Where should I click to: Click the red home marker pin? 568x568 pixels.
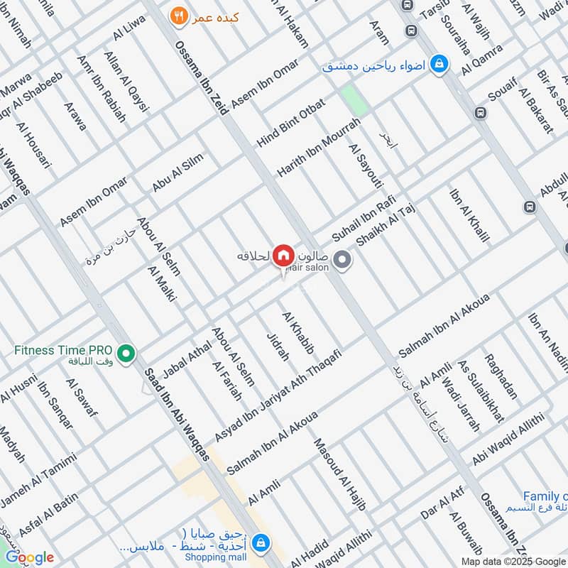283,254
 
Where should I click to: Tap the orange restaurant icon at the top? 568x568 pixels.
178,14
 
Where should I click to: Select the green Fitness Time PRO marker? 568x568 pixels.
126,351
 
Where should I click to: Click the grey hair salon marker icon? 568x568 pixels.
342,261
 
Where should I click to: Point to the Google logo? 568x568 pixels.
30,557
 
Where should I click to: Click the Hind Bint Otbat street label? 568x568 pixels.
290,123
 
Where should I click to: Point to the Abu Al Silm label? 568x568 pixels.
177,173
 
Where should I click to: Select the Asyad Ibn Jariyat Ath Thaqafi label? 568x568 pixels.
278,395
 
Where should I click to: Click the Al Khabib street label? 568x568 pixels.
298,332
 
